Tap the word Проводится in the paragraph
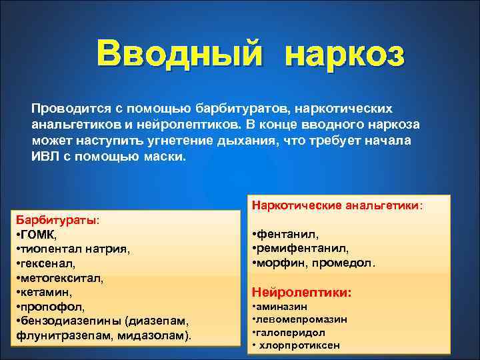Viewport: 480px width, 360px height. (x=67, y=108)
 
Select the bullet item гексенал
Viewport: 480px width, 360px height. (x=53, y=263)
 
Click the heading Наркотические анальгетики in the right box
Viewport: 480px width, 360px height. (x=336, y=205)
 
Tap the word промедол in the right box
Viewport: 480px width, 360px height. (x=346, y=263)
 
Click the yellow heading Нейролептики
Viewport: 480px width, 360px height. (x=301, y=292)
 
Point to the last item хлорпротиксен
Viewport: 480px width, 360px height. (x=299, y=345)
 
